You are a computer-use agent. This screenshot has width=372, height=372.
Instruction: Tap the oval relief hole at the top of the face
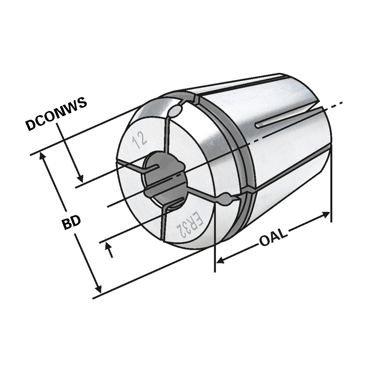(x=176, y=111)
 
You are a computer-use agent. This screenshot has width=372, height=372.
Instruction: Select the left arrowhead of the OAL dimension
(x=220, y=260)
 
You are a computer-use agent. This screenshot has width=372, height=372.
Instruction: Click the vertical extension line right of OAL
(x=331, y=186)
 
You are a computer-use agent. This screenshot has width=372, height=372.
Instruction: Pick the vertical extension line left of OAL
(x=215, y=242)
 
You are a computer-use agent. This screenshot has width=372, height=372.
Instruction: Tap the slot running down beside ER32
(x=163, y=223)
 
